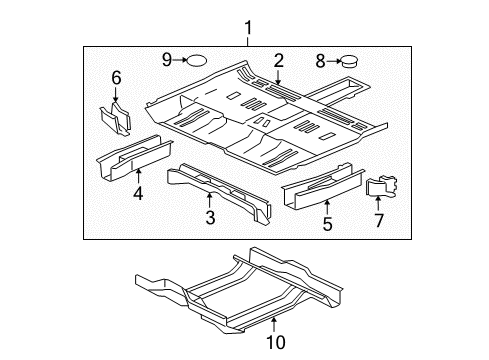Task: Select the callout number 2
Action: [279, 60]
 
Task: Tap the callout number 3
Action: [209, 216]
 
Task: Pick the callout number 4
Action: [138, 195]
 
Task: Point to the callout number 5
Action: [326, 225]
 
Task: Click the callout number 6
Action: [116, 77]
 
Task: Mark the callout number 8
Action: [320, 61]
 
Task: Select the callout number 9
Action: [167, 60]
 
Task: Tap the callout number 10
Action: [273, 343]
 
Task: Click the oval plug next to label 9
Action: [198, 60]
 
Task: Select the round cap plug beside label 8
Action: [353, 62]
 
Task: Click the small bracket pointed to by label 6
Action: [115, 119]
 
